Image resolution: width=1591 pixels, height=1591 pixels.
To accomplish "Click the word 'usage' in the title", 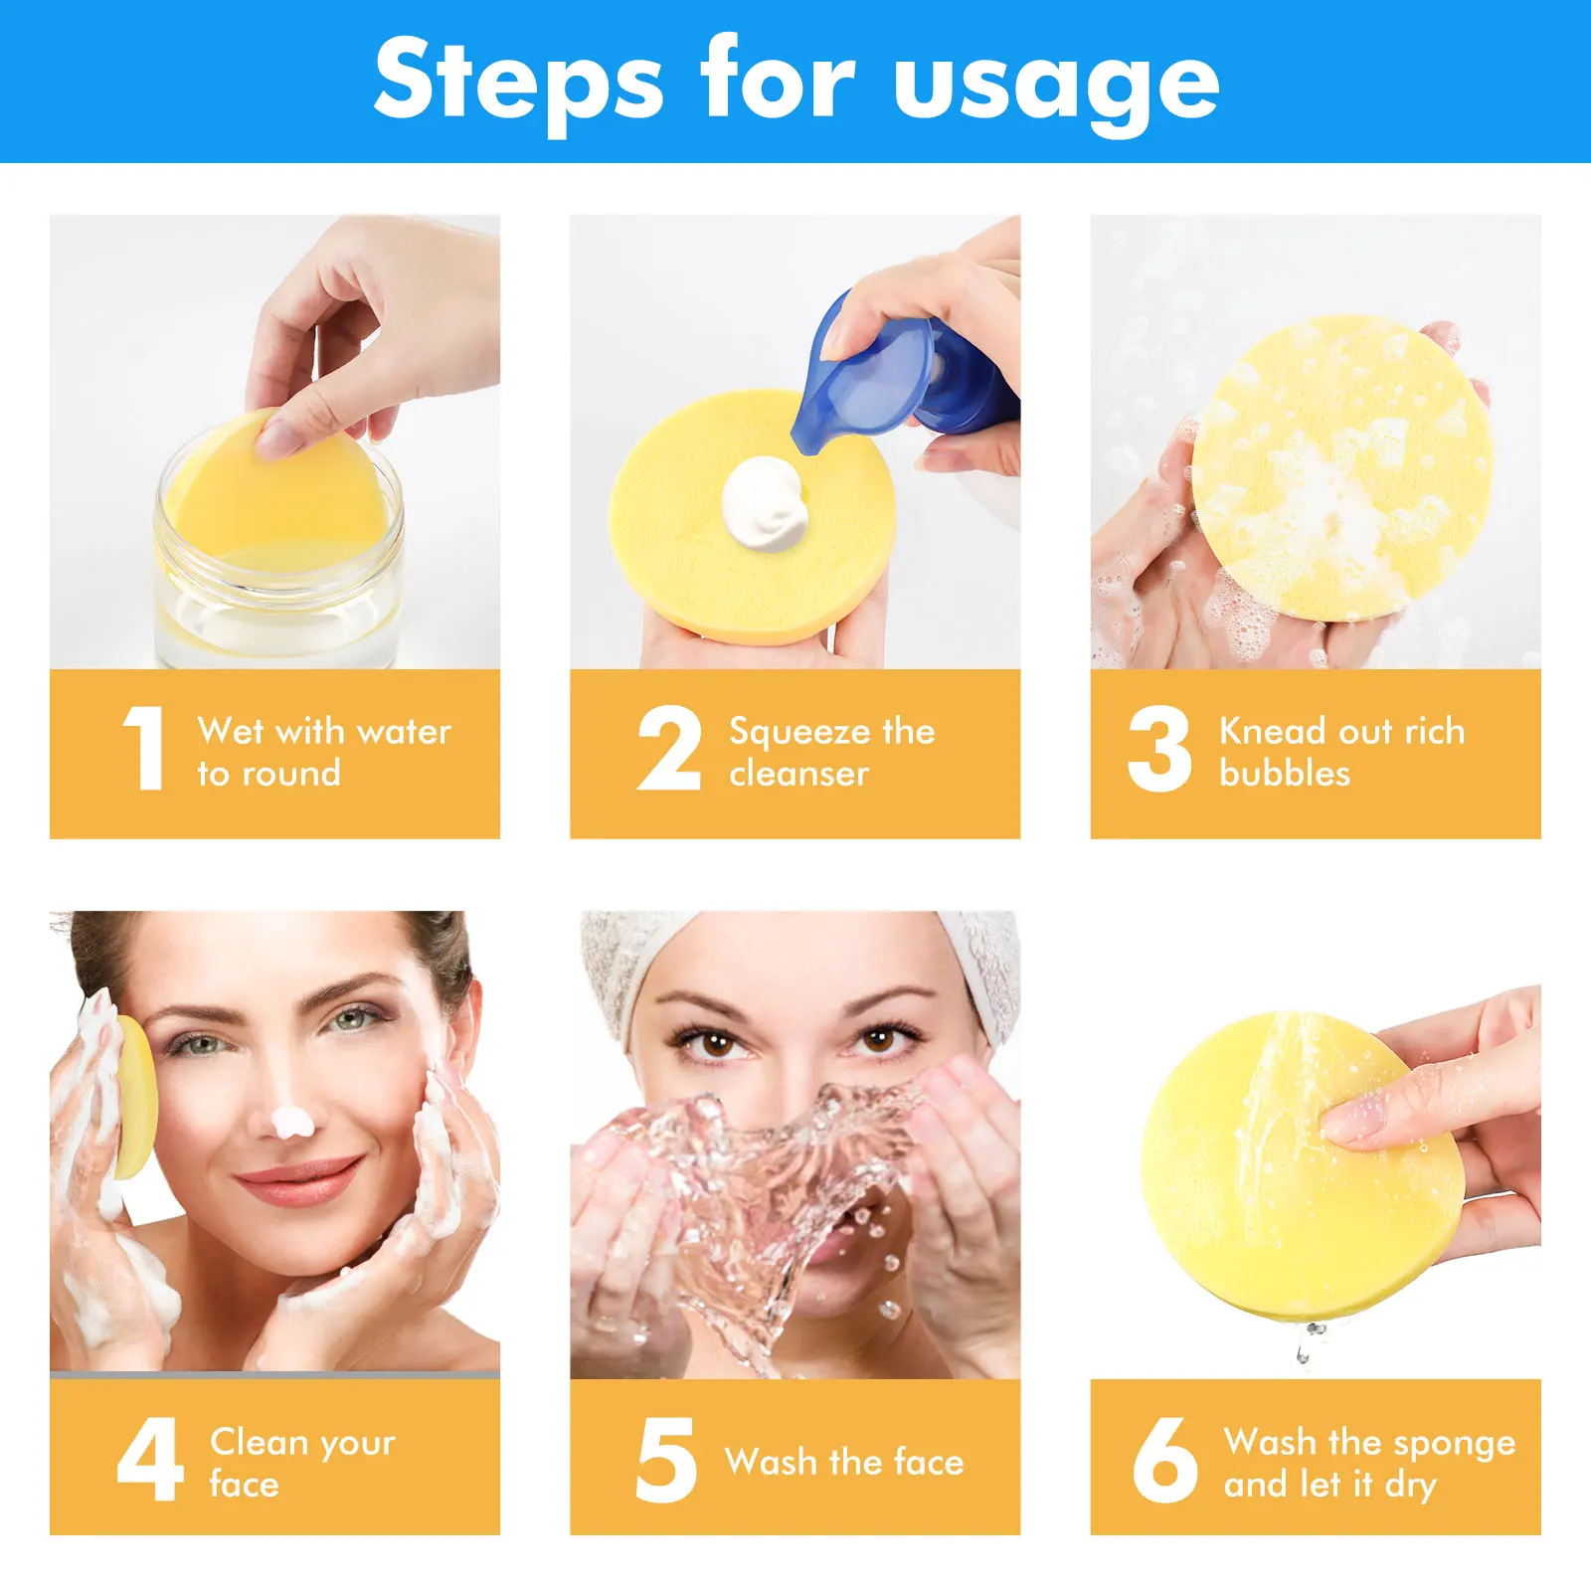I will click(x=1056, y=85).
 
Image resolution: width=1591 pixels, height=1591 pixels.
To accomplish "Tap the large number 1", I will click(x=144, y=748).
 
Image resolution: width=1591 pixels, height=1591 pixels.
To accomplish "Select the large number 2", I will click(x=668, y=748).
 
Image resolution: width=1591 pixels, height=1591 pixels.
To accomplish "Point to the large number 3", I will click(x=1159, y=748).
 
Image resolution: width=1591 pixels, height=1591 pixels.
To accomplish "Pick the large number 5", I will click(x=665, y=1459).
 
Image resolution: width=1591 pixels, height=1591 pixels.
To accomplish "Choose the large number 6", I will click(x=1164, y=1459).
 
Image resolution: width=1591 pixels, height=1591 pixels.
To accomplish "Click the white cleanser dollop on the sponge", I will click(x=764, y=503).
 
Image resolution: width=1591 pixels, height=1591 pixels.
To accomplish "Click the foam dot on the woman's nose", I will click(x=292, y=1123).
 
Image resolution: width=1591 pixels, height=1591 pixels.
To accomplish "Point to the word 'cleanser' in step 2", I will click(x=798, y=774).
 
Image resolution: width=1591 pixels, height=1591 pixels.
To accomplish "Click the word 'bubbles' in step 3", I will click(x=1285, y=774).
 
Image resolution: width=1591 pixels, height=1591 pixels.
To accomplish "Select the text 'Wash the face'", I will click(x=844, y=1462).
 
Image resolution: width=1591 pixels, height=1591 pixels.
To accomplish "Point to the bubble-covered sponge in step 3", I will click(x=1342, y=467).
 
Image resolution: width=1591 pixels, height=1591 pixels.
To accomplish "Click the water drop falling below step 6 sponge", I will click(x=1304, y=1353).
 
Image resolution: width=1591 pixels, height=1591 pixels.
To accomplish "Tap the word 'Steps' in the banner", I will click(x=518, y=82).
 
